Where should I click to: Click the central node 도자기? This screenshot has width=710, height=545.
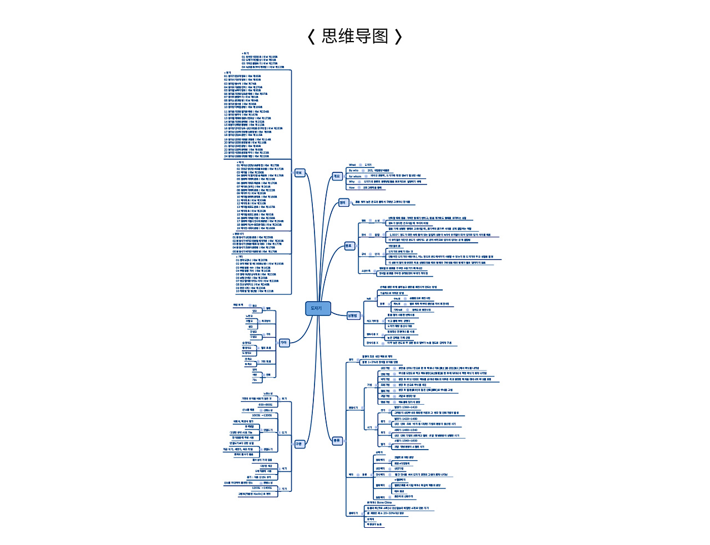[317, 309]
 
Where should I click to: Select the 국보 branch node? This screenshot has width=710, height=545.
[299, 173]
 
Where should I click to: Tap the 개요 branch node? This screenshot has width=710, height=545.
[337, 176]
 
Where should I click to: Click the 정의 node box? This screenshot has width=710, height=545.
[343, 202]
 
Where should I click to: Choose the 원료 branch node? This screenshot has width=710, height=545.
[348, 246]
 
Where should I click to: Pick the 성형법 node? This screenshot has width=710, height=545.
[352, 315]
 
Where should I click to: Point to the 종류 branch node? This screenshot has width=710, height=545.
[337, 441]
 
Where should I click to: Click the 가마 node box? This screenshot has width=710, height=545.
[283, 343]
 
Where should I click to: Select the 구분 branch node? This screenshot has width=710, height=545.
[298, 444]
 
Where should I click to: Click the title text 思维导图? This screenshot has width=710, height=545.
[354, 37]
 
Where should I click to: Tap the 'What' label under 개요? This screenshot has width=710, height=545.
[352, 165]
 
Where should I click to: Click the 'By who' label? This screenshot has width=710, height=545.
[353, 170]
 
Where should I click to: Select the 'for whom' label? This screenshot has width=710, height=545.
[354, 176]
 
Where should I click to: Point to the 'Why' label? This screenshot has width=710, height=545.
[352, 182]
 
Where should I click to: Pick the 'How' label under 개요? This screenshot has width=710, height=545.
[352, 187]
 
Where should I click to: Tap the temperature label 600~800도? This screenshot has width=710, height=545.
[265, 405]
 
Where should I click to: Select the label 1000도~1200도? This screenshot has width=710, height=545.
[262, 415]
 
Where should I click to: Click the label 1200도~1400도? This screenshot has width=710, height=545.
[262, 488]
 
